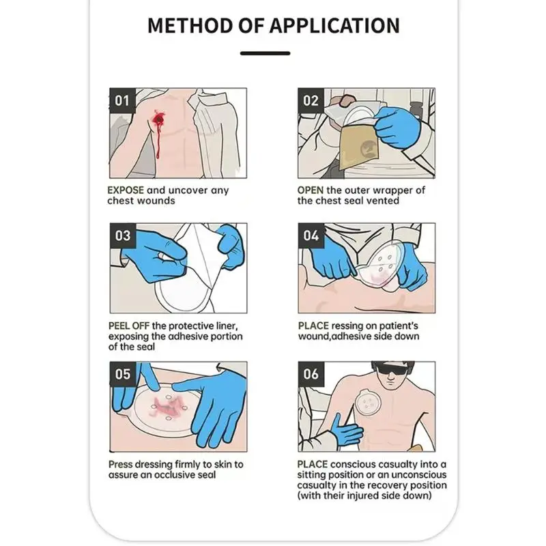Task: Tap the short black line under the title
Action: (x=265, y=53)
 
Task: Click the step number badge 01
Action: (x=122, y=101)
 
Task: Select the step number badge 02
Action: (x=311, y=101)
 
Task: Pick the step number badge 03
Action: (x=122, y=236)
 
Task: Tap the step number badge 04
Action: (x=311, y=236)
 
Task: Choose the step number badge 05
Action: (x=122, y=374)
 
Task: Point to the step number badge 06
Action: (x=311, y=374)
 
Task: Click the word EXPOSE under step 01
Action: (x=126, y=190)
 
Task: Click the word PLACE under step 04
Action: (x=313, y=326)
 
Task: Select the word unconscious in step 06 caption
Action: (x=418, y=474)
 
